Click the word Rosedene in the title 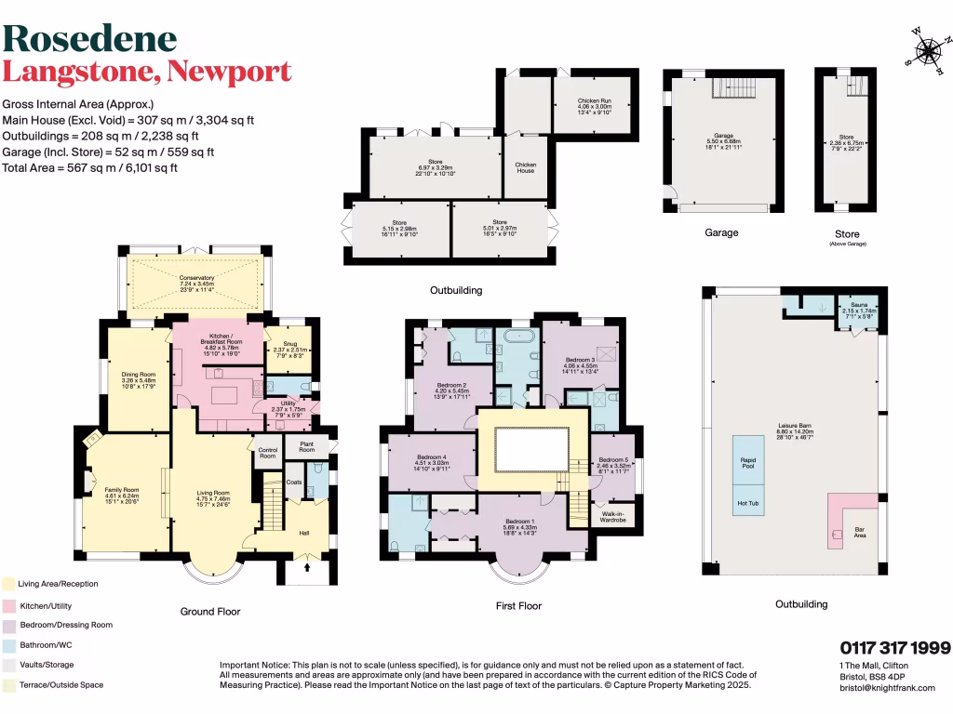click(x=90, y=38)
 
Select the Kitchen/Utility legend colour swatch click(x=7, y=605)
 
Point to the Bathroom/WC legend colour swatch click(x=7, y=645)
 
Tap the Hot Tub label click(x=747, y=502)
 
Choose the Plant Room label click(x=306, y=446)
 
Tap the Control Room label click(x=267, y=454)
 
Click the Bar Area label click(x=861, y=535)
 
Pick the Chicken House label click(x=526, y=167)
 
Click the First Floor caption click(x=518, y=605)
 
